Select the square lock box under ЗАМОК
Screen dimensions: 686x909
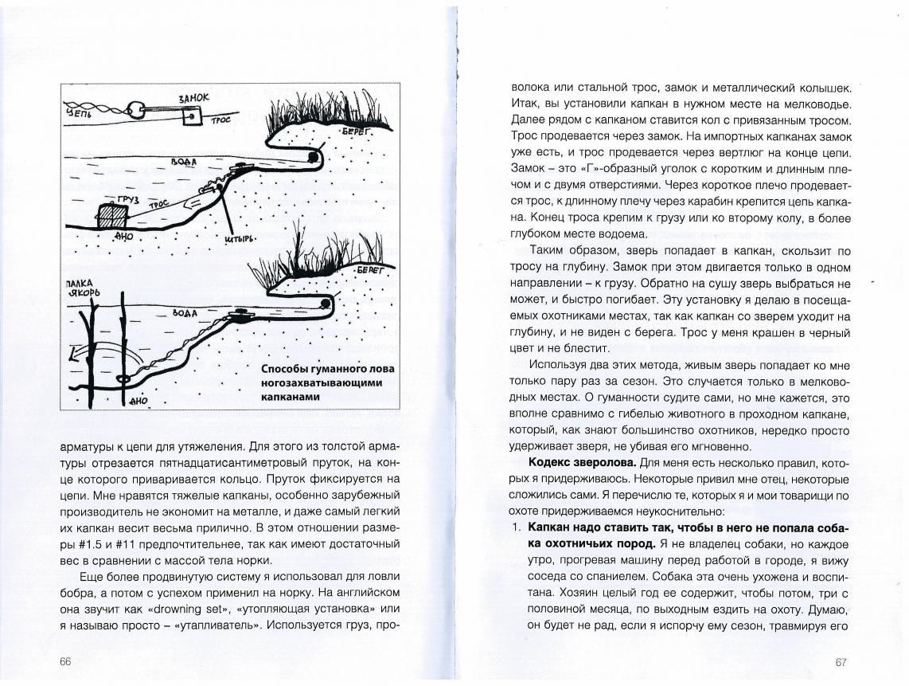click(x=193, y=116)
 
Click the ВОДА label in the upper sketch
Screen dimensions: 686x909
click(x=182, y=161)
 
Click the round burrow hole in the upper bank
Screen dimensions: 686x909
click(x=314, y=158)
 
